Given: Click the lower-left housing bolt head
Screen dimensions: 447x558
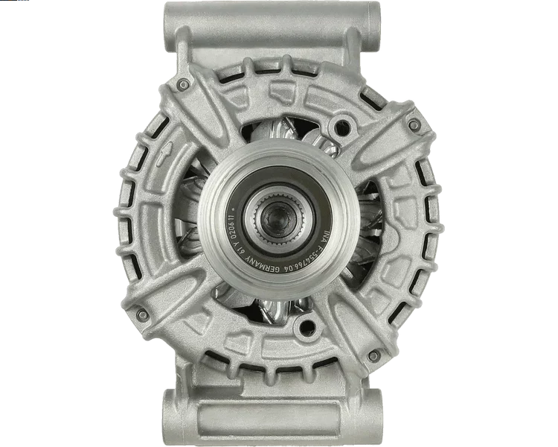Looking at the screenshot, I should pos(140,315).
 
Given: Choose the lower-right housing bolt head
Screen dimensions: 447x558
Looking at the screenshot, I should pos(373,356).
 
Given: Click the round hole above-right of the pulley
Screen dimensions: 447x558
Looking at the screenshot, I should pos(341,127).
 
